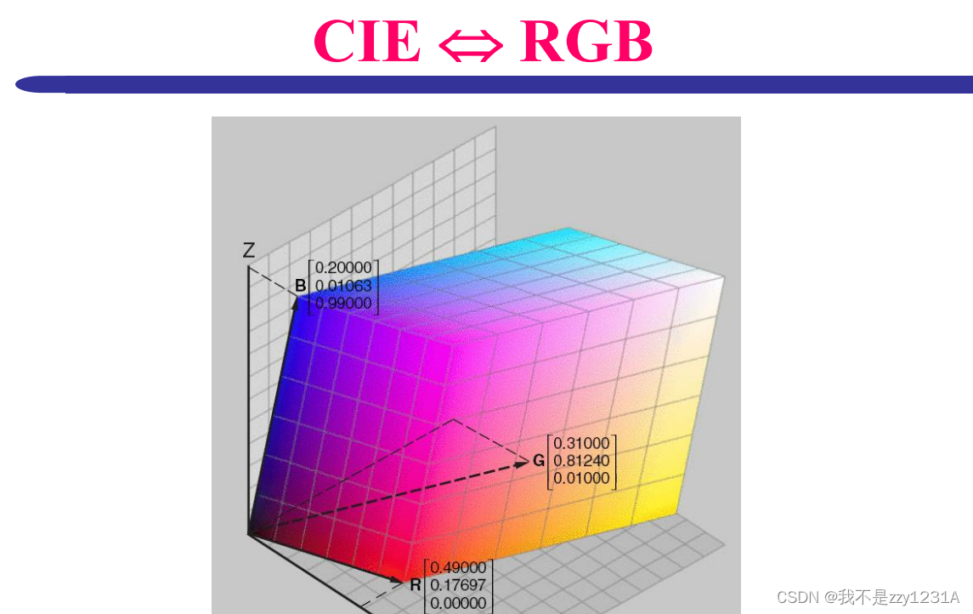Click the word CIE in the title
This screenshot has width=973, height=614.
pyautogui.click(x=366, y=41)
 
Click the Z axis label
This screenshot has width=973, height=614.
pyautogui.click(x=249, y=250)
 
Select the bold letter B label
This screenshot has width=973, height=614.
pyautogui.click(x=300, y=286)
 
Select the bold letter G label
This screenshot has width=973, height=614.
pyautogui.click(x=539, y=461)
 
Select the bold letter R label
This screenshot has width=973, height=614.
pyautogui.click(x=416, y=585)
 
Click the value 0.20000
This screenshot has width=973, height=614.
pyautogui.click(x=343, y=267)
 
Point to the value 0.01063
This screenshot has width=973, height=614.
pyautogui.click(x=343, y=285)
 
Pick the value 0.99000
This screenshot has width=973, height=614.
pyautogui.click(x=343, y=303)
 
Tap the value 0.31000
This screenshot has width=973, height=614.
pyautogui.click(x=582, y=443)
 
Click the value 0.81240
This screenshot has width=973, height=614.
pyautogui.click(x=582, y=461)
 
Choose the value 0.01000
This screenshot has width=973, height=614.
pyautogui.click(x=582, y=479)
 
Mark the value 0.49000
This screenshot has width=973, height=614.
pyautogui.click(x=459, y=567)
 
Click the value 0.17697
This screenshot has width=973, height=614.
pyautogui.click(x=459, y=585)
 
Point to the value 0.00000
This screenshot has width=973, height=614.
pyautogui.click(x=459, y=603)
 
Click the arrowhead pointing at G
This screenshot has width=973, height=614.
pyautogui.click(x=523, y=463)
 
